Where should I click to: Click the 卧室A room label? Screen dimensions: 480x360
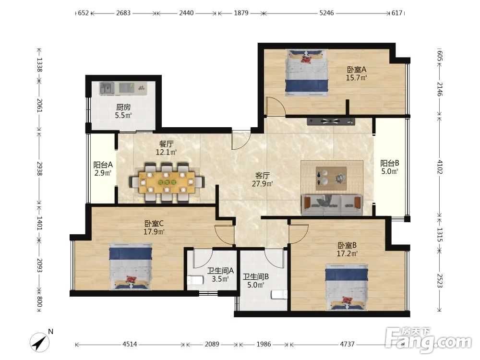(x=356, y=70)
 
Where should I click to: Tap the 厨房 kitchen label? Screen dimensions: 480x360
(x=123, y=107)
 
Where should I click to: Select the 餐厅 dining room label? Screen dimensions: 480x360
(x=167, y=144)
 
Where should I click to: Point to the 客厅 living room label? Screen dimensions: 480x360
(x=263, y=176)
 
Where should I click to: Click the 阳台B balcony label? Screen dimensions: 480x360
(x=390, y=163)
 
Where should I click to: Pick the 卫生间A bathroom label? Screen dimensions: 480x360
(x=220, y=271)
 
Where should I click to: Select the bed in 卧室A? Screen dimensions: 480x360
(x=307, y=72)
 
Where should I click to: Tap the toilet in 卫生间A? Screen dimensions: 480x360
(x=195, y=280)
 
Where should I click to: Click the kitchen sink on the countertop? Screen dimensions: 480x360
(x=107, y=88)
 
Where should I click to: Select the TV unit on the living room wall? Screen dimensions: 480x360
(x=331, y=121)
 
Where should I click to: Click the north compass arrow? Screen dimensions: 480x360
(x=40, y=342)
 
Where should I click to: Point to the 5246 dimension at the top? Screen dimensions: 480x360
(x=326, y=13)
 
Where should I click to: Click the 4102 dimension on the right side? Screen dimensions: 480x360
(x=440, y=167)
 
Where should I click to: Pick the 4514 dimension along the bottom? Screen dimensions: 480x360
(x=130, y=344)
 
